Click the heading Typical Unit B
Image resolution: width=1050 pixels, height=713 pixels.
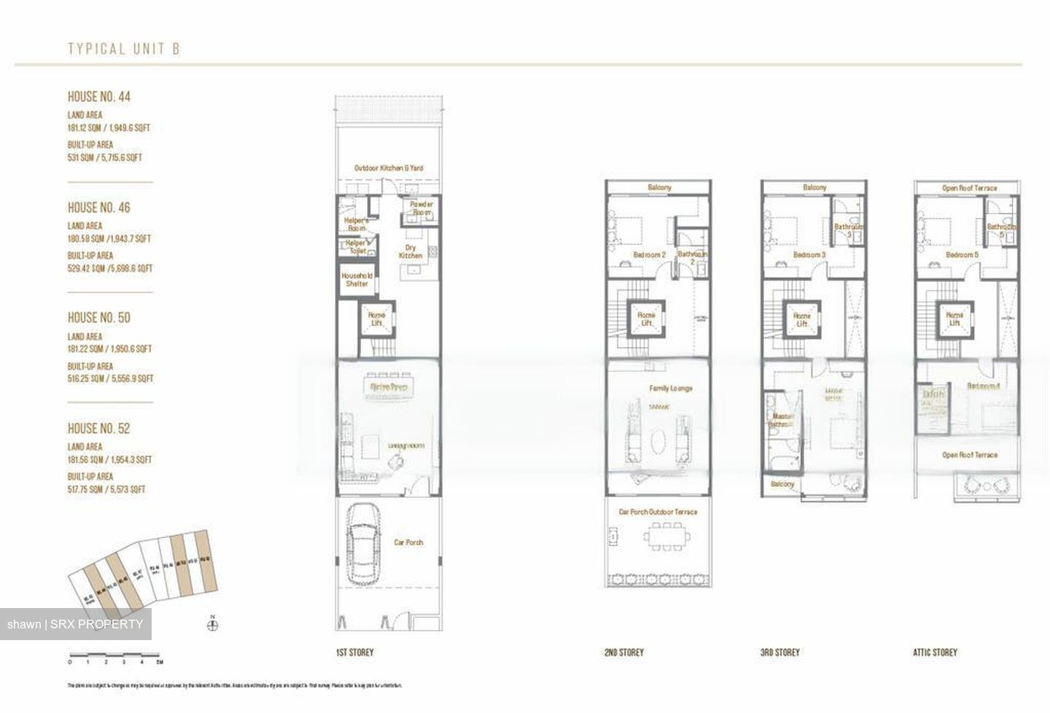click(123, 49)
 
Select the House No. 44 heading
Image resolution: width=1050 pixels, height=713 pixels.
click(99, 96)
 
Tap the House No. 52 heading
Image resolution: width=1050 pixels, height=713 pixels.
click(99, 428)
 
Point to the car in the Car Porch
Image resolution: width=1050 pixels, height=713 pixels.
click(362, 543)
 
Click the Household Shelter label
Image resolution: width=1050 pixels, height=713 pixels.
click(357, 280)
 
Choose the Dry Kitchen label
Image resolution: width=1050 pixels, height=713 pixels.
click(411, 252)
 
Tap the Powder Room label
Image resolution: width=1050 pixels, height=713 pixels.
click(421, 208)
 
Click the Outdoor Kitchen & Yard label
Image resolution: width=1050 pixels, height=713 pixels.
click(388, 168)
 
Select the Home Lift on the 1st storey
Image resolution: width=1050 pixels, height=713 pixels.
click(376, 319)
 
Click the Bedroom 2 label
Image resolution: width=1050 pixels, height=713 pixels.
click(649, 254)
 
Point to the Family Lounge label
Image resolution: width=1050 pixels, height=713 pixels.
click(670, 389)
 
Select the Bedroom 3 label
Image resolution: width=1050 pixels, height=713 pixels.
click(809, 254)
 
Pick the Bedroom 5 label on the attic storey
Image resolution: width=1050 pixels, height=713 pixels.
click(962, 254)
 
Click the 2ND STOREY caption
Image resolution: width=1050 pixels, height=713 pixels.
click(623, 652)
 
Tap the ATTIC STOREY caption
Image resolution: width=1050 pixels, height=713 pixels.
click(935, 652)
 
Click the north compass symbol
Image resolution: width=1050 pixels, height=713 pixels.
click(213, 624)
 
